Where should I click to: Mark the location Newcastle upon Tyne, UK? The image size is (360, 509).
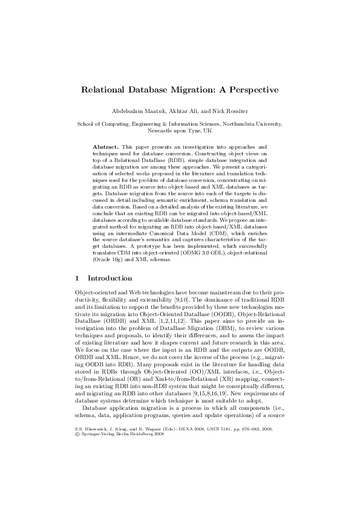[x=180, y=130]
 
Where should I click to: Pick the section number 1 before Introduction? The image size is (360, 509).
[x=76, y=279]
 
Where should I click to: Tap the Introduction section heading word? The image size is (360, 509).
[x=110, y=279]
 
